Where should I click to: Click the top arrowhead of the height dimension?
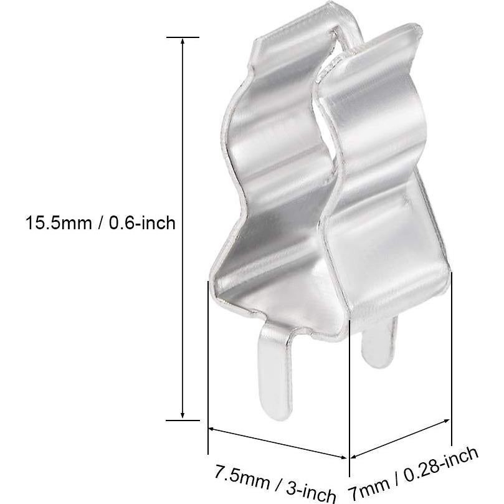[x=183, y=42]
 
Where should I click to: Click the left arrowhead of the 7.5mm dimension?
[x=212, y=429]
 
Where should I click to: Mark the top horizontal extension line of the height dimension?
[x=183, y=37]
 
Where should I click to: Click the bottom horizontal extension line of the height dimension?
[x=183, y=420]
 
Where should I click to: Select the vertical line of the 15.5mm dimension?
[x=183, y=156]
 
